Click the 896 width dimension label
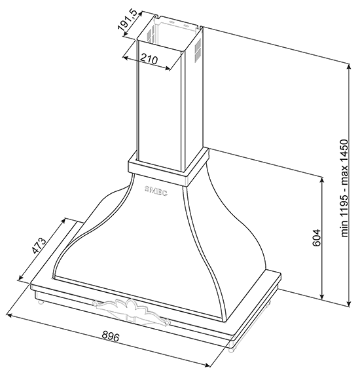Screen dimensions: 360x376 111,337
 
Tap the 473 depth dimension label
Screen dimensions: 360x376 39,245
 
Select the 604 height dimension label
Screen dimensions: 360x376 317,238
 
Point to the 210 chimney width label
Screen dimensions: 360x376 149,58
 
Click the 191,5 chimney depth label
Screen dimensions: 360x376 127,21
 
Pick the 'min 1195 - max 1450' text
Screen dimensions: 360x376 344,188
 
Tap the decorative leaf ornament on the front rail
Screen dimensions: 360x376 131,309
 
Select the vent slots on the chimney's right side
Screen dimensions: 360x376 198,50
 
